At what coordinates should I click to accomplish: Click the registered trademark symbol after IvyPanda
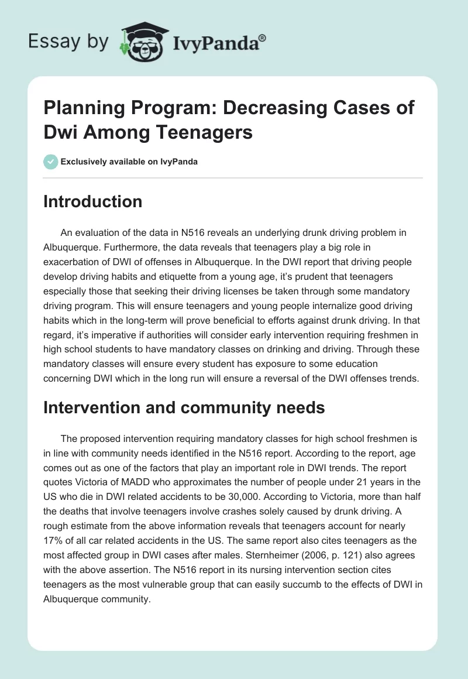click(x=263, y=37)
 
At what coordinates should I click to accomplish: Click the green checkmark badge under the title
click(x=50, y=162)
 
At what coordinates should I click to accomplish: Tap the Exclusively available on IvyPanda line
click(x=128, y=162)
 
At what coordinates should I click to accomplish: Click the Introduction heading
click(x=92, y=202)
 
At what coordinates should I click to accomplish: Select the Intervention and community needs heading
click(x=184, y=407)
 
